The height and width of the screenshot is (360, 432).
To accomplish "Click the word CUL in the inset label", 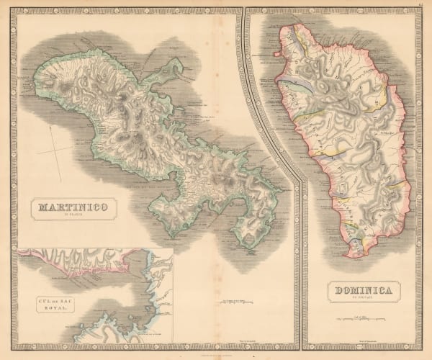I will click(36, 298).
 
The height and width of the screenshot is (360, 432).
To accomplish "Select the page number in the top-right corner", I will click(420, 5).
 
